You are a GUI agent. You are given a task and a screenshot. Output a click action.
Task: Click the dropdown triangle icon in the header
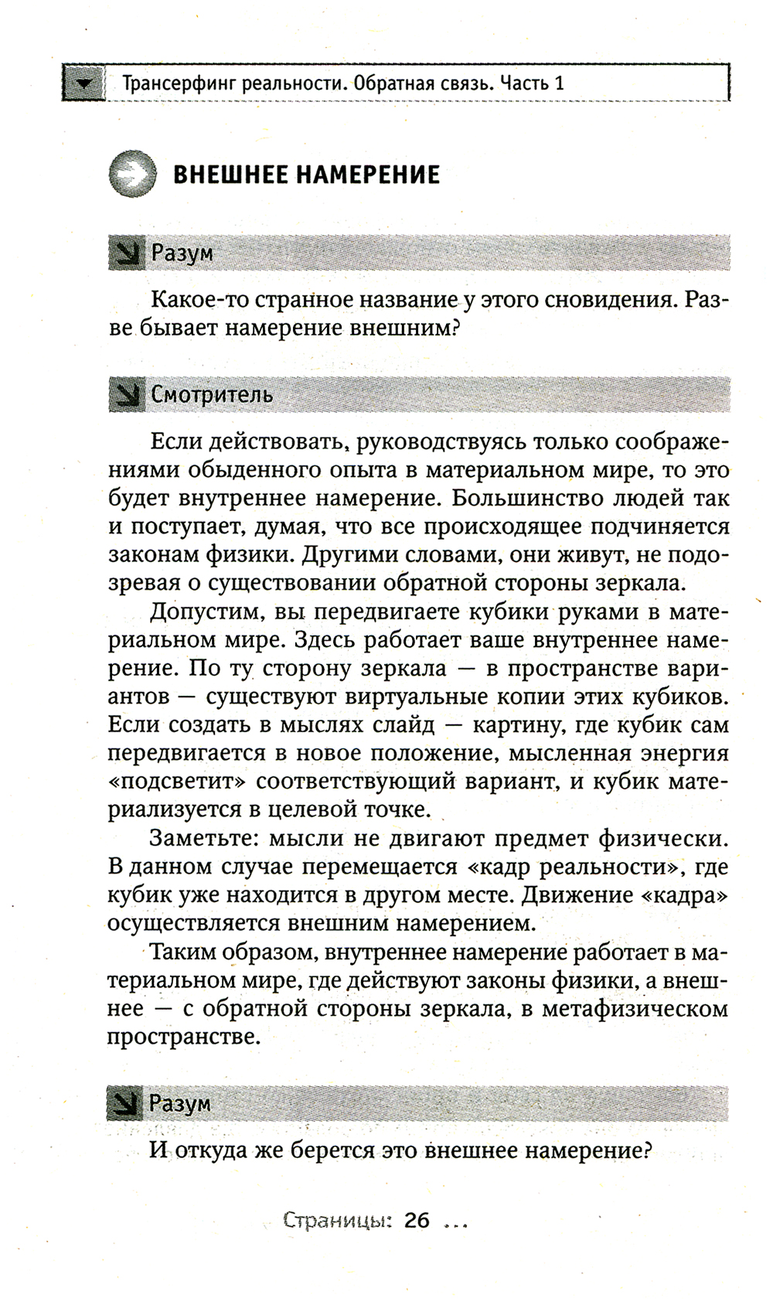click(x=84, y=83)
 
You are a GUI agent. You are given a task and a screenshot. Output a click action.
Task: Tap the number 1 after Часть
click(x=559, y=82)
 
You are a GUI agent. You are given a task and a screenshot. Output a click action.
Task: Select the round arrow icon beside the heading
click(x=132, y=174)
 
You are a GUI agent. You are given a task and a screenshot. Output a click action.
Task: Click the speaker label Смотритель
click(x=212, y=394)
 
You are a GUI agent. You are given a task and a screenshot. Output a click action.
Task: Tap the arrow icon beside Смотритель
click(x=126, y=395)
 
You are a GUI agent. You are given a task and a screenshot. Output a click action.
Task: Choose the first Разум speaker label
click(x=182, y=253)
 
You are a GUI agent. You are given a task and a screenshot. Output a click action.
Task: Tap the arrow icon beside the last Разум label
click(x=125, y=1104)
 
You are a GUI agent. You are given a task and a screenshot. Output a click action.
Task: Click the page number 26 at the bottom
click(x=416, y=1222)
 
